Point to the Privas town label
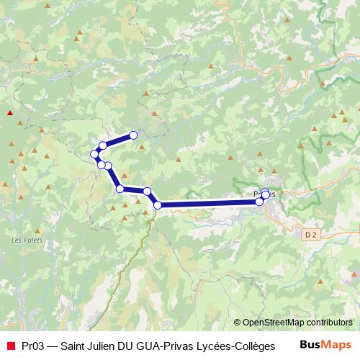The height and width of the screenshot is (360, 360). point(265,193)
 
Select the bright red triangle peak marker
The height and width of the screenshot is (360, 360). point(9,112)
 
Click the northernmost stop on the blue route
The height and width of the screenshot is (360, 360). point(133,135)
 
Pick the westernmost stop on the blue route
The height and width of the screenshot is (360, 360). point(94,154)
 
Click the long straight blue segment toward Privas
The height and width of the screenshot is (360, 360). point(209,204)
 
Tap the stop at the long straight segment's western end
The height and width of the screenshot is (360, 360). point(158,205)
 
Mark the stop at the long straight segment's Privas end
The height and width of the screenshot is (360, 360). point(260,202)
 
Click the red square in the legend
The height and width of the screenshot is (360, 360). point(10,345)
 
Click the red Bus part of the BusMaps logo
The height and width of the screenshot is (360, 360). point(310,344)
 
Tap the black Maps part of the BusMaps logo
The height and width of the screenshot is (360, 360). point(336,344)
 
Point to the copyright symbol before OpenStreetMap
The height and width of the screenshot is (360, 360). point(237,323)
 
